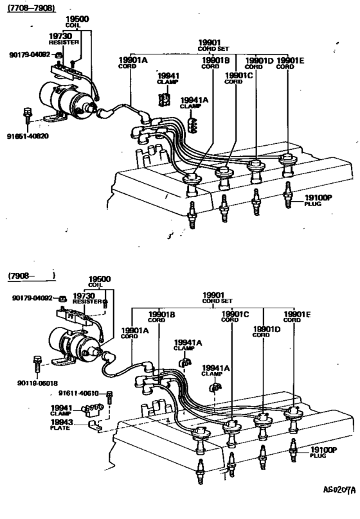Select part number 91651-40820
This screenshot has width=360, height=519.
[x=27, y=136]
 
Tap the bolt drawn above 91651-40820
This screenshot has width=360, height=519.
[x=27, y=115]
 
